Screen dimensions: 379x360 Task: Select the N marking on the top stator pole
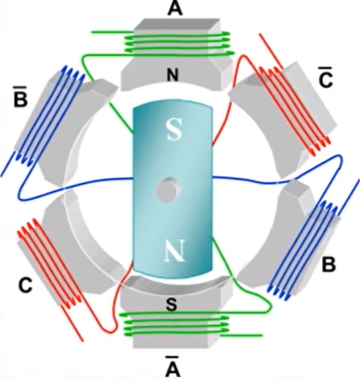[175, 75]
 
